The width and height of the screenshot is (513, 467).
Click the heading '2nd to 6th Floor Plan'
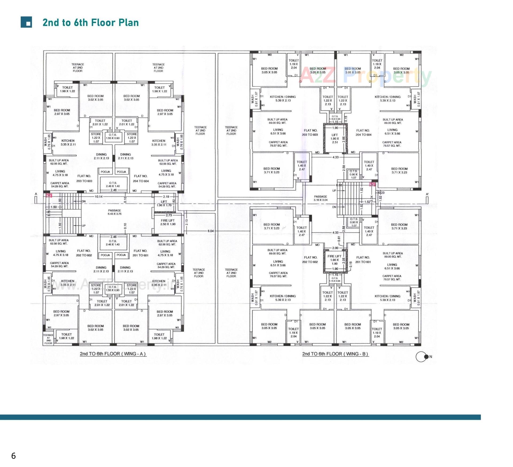91,22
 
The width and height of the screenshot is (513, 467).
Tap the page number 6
13,456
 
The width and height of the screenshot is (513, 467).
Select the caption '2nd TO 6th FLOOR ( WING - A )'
113,354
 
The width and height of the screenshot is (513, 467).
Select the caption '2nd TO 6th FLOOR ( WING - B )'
335,354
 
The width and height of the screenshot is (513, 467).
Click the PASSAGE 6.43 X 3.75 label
114,212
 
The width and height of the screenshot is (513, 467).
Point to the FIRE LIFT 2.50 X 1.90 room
168,222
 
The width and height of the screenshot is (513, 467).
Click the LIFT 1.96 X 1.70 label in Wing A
164,204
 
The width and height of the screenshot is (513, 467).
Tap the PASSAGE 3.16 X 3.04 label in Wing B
320,198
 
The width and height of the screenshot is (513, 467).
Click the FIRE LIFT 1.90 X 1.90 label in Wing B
335,260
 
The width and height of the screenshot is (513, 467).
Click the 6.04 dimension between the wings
211,231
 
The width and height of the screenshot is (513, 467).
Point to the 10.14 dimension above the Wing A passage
98,197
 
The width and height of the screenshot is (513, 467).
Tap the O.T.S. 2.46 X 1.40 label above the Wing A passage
113,184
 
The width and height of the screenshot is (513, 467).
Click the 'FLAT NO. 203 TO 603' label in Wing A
84,179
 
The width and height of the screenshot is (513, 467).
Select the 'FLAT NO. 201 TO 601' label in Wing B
363,260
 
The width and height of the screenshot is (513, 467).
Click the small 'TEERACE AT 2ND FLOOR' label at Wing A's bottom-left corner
48,339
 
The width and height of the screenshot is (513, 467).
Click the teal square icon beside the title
26,22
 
